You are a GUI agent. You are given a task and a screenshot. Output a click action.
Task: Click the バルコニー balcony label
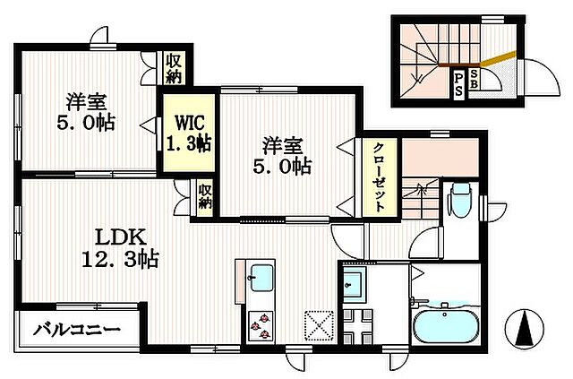click(x=77, y=331)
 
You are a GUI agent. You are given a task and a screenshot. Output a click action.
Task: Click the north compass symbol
click(x=523, y=329)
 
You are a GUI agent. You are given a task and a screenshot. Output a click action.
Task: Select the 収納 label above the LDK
click(x=205, y=196)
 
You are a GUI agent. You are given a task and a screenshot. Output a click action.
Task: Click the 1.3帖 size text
click(x=189, y=142)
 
